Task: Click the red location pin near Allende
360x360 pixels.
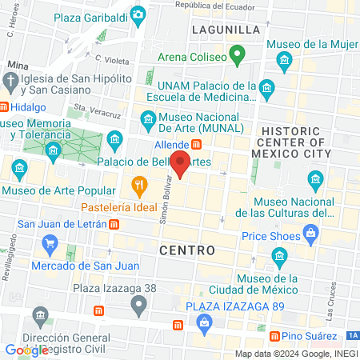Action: pyautogui.click(x=181, y=162)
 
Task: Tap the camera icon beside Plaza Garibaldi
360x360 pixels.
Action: pyautogui.click(x=138, y=14)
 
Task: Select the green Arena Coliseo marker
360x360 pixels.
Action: pyautogui.click(x=236, y=55)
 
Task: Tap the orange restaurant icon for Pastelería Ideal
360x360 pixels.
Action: pyautogui.click(x=139, y=188)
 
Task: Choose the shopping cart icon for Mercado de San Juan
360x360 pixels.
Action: pyautogui.click(x=52, y=244)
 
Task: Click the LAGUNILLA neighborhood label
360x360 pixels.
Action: pyautogui.click(x=226, y=30)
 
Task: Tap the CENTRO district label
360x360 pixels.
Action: pyautogui.click(x=187, y=250)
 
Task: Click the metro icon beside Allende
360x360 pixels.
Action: pyautogui.click(x=196, y=144)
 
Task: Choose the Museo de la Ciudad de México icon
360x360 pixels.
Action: pyautogui.click(x=279, y=258)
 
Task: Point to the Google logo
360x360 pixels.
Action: pyautogui.click(x=26, y=350)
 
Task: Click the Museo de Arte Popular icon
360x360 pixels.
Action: pyautogui.click(x=18, y=169)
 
